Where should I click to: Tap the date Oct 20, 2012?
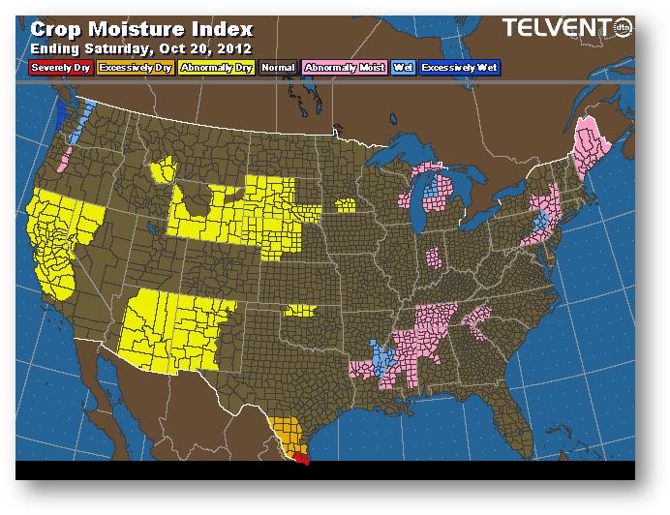(208, 47)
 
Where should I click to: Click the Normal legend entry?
(278, 68)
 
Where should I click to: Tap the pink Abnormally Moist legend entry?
(344, 68)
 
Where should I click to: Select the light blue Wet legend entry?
(401, 68)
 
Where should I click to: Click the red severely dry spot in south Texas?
(303, 460)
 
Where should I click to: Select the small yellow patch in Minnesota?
(345, 205)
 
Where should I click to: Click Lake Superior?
(407, 156)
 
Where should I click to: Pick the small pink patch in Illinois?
(434, 257)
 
